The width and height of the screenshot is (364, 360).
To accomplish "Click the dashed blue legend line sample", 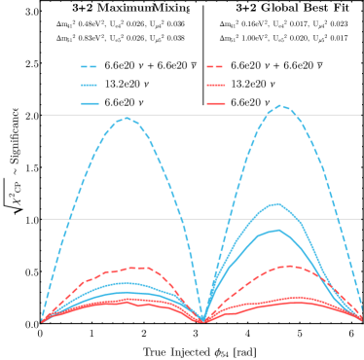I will point(90,67).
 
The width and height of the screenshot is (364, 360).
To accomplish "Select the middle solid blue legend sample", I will point(90,86).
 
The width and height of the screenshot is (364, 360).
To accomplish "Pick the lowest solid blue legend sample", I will point(90,103).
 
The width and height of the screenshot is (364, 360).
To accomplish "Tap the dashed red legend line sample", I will point(215,67).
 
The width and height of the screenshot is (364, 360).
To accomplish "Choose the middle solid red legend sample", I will point(215,86).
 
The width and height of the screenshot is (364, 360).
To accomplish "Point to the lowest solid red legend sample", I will point(215,103).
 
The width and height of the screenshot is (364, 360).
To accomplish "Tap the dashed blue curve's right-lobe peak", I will point(281,105).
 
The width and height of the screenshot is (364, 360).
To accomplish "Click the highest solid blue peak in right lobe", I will point(277,203).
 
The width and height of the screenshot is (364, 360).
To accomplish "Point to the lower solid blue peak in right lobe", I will point(278,230).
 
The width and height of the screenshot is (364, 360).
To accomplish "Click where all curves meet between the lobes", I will point(201,319).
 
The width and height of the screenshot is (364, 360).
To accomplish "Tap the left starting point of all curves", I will point(42,319).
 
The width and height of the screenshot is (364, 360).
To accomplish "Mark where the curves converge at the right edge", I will point(360,317).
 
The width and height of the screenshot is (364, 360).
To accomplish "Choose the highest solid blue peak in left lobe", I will point(125,283).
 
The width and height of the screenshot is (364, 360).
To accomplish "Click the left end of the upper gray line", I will point(43,115).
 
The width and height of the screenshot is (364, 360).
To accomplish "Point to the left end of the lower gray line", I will point(43,219).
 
